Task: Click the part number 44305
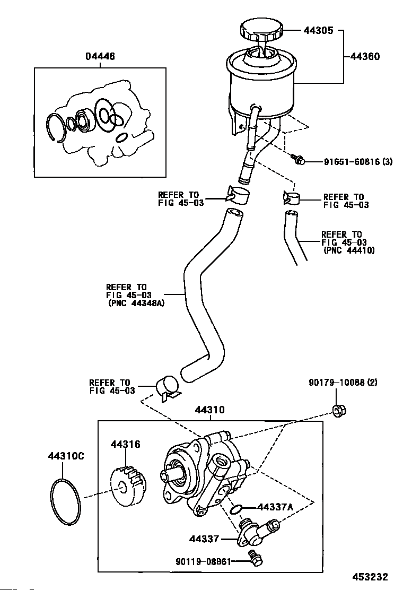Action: coord(318,30)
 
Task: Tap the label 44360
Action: coord(365,56)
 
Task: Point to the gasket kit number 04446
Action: coord(100,56)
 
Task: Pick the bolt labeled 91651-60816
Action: coord(297,159)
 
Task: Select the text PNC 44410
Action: coord(349,250)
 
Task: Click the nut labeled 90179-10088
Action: coord(339,410)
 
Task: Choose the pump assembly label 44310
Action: coord(209,410)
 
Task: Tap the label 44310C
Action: coord(66,456)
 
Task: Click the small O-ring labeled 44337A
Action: coord(236,509)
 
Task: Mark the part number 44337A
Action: coord(275,507)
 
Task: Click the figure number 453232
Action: coord(370,576)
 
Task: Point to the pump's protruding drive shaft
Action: coord(171,476)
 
